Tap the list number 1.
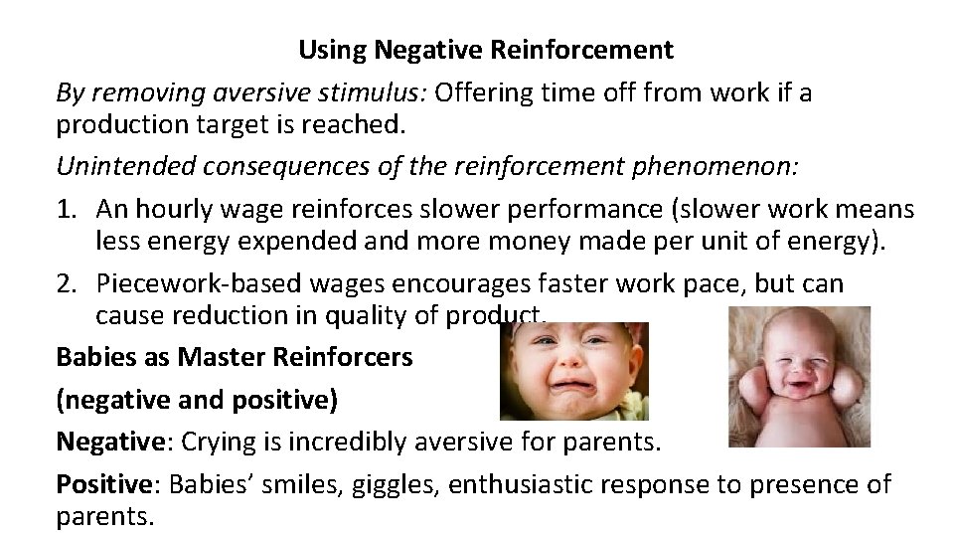[67, 211]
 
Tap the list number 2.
[67, 283]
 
